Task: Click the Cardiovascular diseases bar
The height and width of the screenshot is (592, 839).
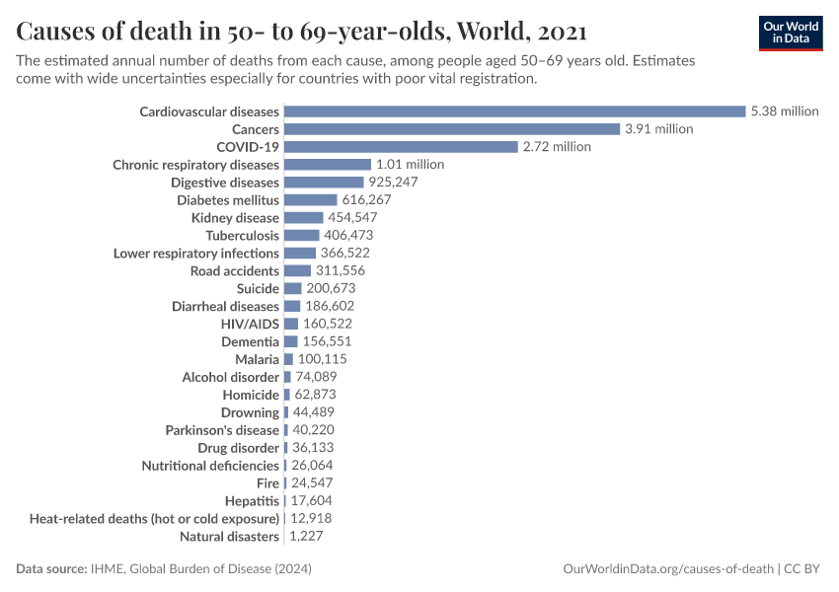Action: [514, 111]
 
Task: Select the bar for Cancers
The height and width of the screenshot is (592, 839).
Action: [452, 129]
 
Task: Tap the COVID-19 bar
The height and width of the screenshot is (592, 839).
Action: [401, 147]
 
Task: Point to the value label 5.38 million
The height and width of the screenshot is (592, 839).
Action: [784, 111]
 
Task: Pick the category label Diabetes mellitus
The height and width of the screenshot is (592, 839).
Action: [228, 200]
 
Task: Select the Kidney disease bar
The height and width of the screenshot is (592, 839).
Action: [303, 218]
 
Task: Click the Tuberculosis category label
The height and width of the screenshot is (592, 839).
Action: [242, 236]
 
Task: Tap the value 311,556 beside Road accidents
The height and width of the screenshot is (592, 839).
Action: [343, 271]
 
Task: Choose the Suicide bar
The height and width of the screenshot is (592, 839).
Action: [292, 289]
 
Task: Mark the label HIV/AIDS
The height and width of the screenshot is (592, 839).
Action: [250, 324]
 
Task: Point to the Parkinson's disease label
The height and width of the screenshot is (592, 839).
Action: [222, 430]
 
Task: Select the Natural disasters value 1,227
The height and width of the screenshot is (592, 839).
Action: [306, 537]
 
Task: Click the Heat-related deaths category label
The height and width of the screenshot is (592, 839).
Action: [154, 519]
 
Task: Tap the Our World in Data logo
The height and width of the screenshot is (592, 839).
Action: [790, 33]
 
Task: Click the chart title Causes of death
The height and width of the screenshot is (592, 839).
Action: [301, 32]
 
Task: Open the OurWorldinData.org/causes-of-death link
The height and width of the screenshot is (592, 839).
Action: [667, 569]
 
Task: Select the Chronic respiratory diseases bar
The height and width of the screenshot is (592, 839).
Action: [327, 165]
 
